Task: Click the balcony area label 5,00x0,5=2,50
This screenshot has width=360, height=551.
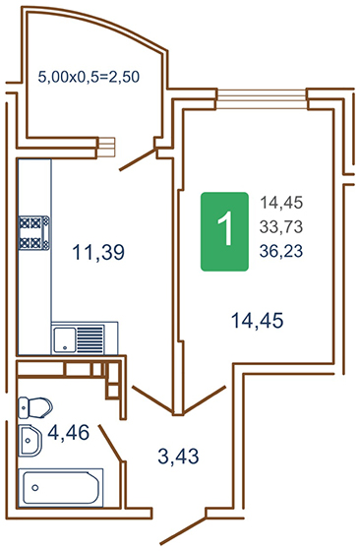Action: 89,77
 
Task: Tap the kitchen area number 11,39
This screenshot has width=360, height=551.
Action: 98,252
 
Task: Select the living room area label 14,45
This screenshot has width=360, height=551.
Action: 257,321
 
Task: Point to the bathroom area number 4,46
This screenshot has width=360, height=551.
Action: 69,432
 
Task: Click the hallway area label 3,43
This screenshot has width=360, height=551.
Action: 178,457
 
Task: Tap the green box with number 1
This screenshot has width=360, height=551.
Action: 225,231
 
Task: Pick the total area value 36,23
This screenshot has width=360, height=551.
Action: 281,251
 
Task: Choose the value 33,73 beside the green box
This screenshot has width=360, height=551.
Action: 281,227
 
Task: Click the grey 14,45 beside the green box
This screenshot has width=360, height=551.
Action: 281,203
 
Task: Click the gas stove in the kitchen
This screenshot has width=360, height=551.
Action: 34,233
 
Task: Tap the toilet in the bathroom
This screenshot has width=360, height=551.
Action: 34,407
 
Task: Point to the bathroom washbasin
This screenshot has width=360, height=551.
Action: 30,441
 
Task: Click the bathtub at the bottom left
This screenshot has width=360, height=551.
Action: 61,488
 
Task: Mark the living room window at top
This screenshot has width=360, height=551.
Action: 262,99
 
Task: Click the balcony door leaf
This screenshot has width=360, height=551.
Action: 138,159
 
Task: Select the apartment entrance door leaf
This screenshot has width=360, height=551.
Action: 183,530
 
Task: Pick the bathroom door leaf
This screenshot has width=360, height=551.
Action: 111,443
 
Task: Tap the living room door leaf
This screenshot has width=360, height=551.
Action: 204,399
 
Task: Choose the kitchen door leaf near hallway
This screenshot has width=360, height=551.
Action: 152,399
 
